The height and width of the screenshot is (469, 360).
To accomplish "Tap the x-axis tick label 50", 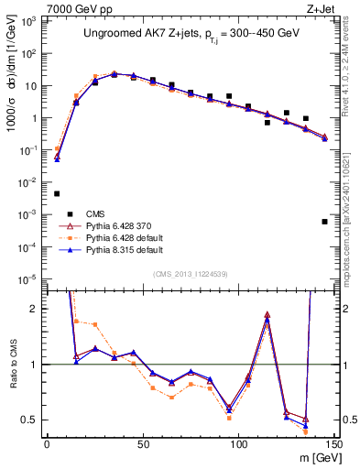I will tap(143, 443).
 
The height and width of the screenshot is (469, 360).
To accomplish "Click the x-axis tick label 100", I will tap(238, 443).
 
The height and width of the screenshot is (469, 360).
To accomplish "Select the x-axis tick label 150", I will tap(333, 443).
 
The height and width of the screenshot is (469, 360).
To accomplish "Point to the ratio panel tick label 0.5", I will tap(32, 420).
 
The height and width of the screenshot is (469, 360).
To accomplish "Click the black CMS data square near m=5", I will tap(57, 193).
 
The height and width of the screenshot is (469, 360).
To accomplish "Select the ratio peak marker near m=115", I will tap(267, 314).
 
